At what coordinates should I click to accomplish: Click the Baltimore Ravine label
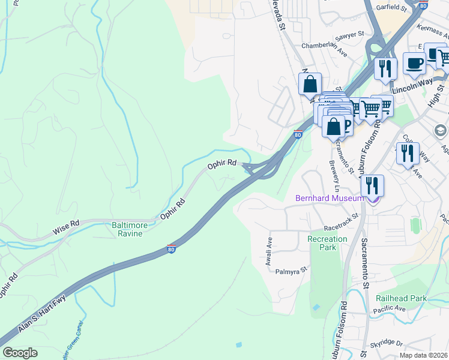tap(127, 229)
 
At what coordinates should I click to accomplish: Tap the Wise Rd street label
tap(66, 226)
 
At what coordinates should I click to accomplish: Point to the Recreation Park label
tap(327, 243)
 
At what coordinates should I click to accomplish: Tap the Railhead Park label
tap(401, 298)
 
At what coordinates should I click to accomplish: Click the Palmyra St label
tap(291, 271)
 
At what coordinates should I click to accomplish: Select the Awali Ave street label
tap(270, 246)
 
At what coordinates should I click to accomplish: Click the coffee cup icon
tap(414, 63)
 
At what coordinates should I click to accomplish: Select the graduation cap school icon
tap(440, 130)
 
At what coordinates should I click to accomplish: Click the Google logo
tap(20, 353)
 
